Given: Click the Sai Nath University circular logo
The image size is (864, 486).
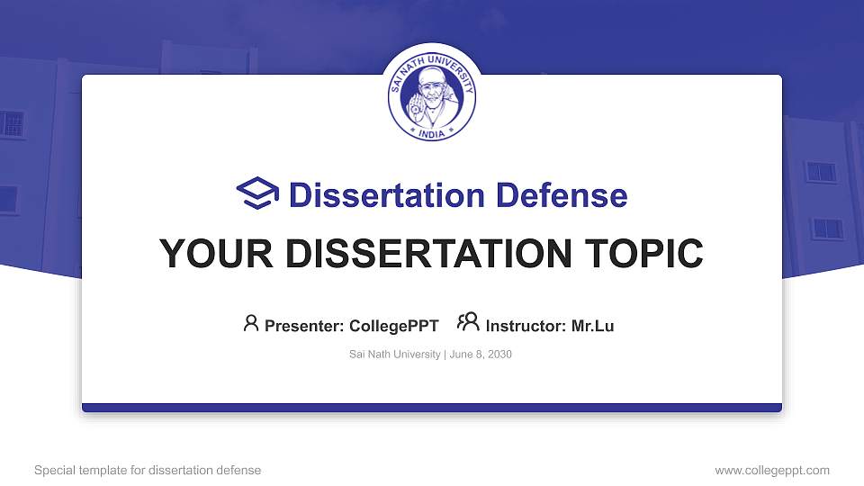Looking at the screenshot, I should (x=432, y=96).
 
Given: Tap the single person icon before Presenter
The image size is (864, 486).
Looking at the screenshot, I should (x=251, y=324).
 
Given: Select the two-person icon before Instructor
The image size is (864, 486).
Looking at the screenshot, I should (x=468, y=324).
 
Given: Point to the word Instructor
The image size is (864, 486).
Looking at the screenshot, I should (x=524, y=326).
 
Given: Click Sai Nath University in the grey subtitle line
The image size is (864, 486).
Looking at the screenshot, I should (x=394, y=355).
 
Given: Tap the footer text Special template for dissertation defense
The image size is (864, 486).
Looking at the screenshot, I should (x=148, y=470).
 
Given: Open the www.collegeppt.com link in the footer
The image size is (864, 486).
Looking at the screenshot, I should (x=772, y=470).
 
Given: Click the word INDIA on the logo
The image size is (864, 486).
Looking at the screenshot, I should (x=432, y=131).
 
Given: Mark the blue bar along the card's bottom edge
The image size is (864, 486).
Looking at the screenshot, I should (x=432, y=408).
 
